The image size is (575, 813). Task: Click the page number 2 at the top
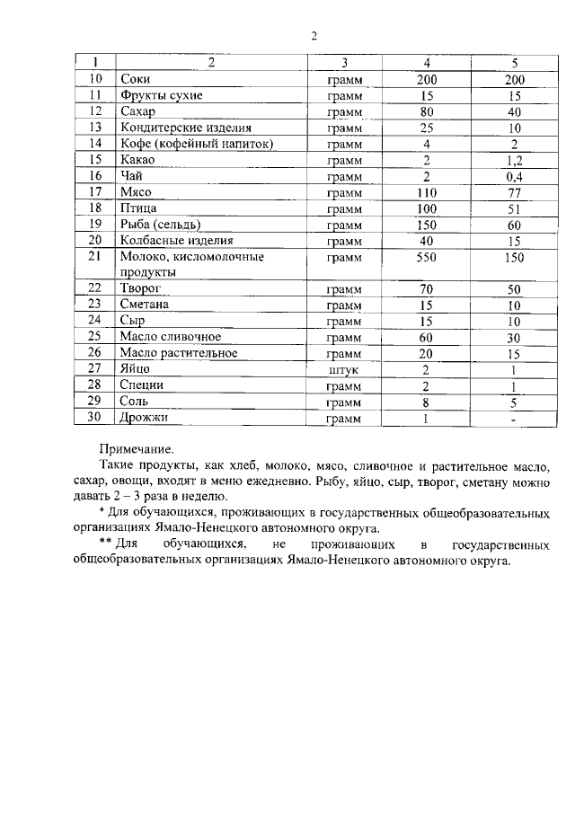click(x=314, y=37)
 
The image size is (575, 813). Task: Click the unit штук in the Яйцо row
click(x=344, y=369)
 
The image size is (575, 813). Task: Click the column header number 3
click(x=344, y=63)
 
